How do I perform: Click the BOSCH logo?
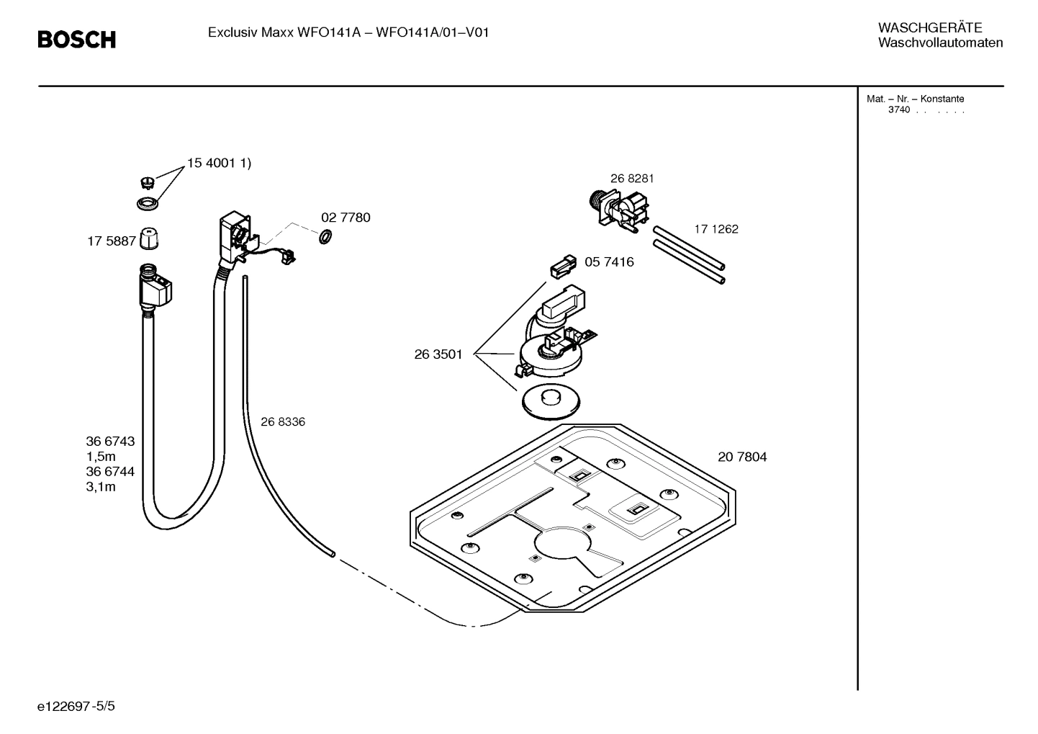pyautogui.click(x=76, y=40)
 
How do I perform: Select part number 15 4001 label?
pyautogui.click(x=219, y=164)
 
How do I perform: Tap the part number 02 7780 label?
pyautogui.click(x=346, y=218)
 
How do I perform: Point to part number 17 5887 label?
pyautogui.click(x=112, y=241)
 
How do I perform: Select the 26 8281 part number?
pyautogui.click(x=632, y=179)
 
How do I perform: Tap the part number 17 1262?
pyautogui.click(x=716, y=229)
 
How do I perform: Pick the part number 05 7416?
pyautogui.click(x=609, y=261)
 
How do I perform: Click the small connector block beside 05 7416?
pyautogui.click(x=563, y=267)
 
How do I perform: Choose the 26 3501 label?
pyautogui.click(x=438, y=354)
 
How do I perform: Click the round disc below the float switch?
pyautogui.click(x=552, y=401)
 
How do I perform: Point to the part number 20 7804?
pyautogui.click(x=742, y=457)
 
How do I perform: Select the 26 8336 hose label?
pyautogui.click(x=282, y=422)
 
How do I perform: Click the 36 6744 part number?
pyautogui.click(x=110, y=472)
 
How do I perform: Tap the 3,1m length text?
pyautogui.click(x=101, y=487)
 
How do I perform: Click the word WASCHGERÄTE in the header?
pyautogui.click(x=929, y=28)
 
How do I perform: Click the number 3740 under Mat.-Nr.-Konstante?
pyautogui.click(x=898, y=110)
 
